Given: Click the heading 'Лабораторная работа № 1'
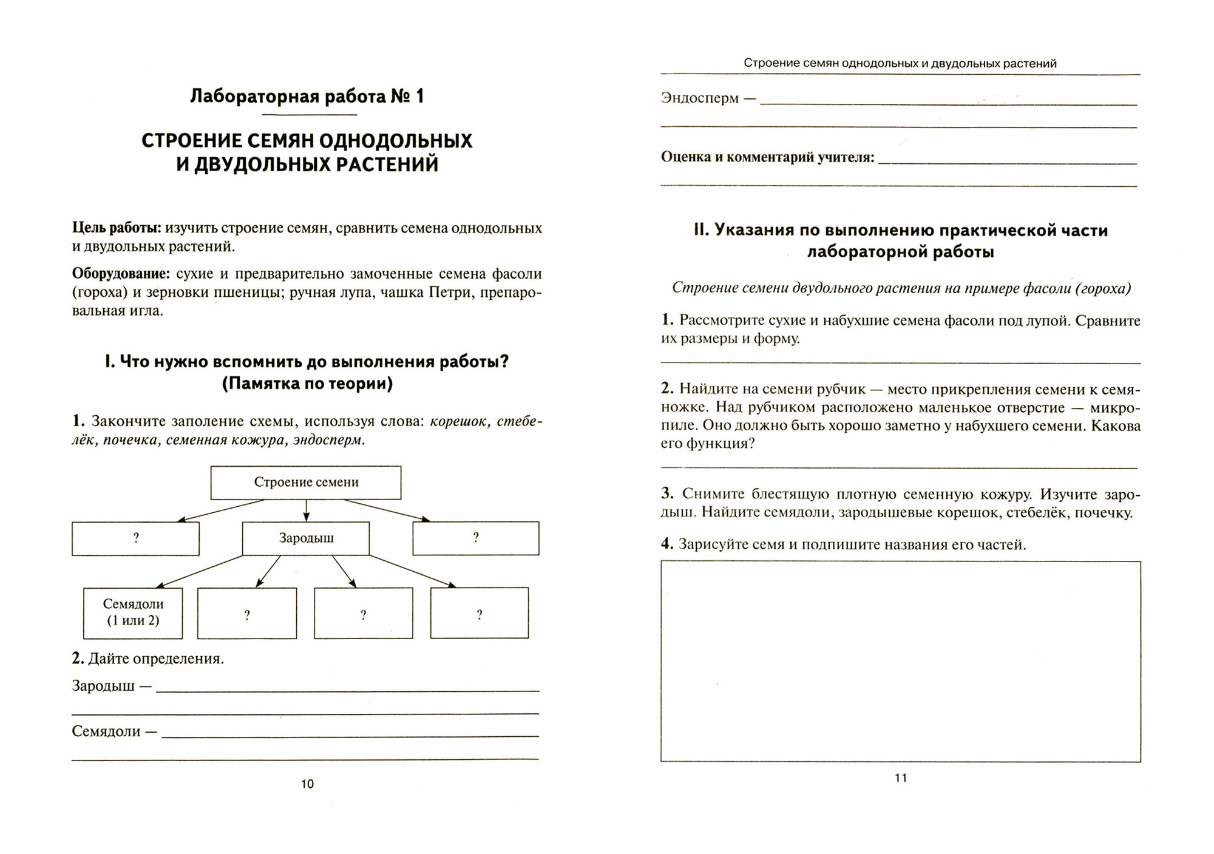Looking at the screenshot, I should tap(307, 97).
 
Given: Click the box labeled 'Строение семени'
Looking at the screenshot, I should tap(306, 483).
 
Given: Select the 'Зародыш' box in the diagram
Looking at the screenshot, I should tap(306, 538).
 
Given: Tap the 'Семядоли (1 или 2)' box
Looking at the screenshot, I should tap(133, 612).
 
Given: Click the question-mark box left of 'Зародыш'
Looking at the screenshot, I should tap(135, 538).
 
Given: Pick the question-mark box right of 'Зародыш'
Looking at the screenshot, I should tap(476, 538).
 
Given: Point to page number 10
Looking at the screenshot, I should tap(307, 784).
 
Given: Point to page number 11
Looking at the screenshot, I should tap(901, 778).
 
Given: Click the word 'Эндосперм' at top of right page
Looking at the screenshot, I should tap(700, 98).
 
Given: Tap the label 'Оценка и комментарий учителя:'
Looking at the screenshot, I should tap(768, 157).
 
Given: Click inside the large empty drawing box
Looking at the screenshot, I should tap(900, 661).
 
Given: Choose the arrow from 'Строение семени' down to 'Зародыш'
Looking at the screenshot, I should tap(306, 510).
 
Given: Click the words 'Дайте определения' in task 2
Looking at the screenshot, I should tap(156, 659).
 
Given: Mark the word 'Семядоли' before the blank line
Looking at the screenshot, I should tap(106, 731).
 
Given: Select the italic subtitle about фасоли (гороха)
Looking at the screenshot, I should tap(901, 288).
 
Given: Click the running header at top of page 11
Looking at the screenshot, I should tap(900, 63).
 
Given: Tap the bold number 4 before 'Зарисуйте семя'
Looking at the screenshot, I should tap(666, 544).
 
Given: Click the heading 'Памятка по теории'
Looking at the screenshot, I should tap(307, 384).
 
